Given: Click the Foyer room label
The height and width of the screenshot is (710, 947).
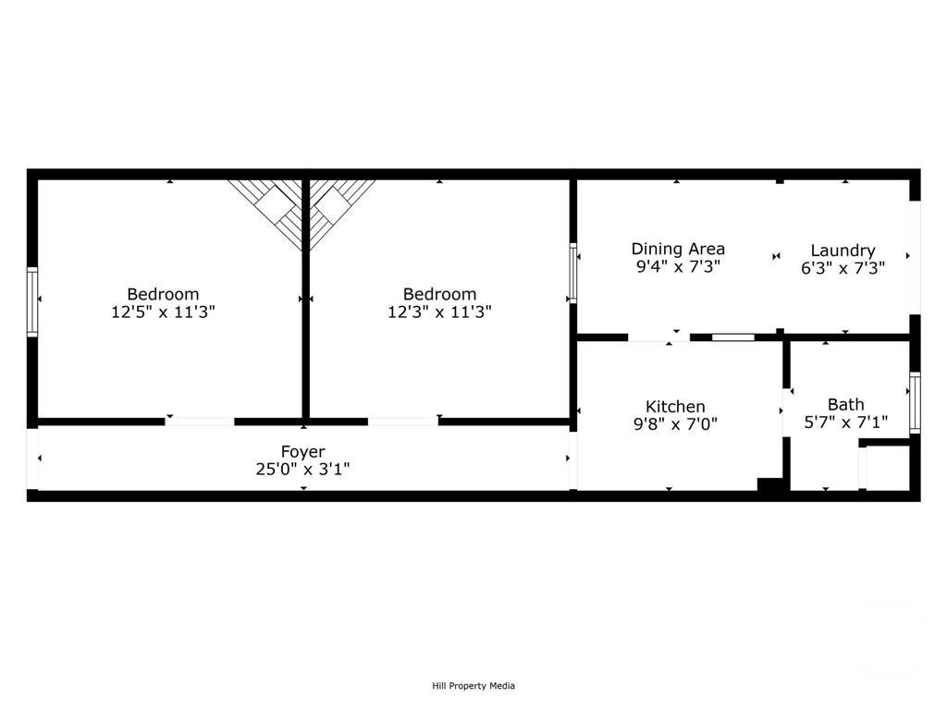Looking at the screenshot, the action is pyautogui.click(x=302, y=451).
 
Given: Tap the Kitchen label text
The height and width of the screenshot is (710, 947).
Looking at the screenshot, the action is pyautogui.click(x=675, y=407).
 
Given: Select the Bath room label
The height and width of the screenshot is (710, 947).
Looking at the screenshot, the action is pyautogui.click(x=845, y=405).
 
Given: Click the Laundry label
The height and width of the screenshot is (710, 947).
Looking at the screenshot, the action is pyautogui.click(x=842, y=251).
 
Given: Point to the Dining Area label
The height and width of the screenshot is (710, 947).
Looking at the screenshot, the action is pyautogui.click(x=678, y=249).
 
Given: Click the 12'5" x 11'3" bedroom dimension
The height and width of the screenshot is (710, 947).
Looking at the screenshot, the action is pyautogui.click(x=163, y=312).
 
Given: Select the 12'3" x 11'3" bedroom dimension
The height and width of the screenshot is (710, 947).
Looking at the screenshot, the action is pyautogui.click(x=439, y=312).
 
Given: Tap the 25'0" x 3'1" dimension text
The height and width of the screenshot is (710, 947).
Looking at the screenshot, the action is pyautogui.click(x=302, y=469).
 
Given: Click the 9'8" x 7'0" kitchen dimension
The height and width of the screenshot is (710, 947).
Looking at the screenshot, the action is pyautogui.click(x=675, y=423).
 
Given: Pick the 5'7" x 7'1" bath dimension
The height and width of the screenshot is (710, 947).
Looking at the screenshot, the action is pyautogui.click(x=845, y=422).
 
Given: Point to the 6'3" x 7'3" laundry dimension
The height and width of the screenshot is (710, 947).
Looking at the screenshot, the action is pyautogui.click(x=842, y=268).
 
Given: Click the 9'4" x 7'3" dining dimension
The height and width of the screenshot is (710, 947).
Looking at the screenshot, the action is pyautogui.click(x=678, y=266).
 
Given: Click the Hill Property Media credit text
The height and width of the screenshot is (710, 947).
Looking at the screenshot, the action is pyautogui.click(x=473, y=686).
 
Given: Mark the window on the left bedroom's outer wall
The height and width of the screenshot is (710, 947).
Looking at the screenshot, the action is pyautogui.click(x=32, y=302).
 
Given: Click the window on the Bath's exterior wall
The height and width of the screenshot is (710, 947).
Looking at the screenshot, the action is pyautogui.click(x=915, y=403).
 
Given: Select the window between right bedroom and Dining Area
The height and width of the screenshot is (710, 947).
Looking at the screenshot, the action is pyautogui.click(x=572, y=273).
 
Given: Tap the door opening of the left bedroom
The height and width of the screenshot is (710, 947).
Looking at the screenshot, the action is pyautogui.click(x=200, y=421).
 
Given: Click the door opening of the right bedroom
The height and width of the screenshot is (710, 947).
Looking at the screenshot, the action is pyautogui.click(x=403, y=421).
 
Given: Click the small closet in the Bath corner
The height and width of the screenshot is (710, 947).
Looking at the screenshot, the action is pyautogui.click(x=887, y=468).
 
